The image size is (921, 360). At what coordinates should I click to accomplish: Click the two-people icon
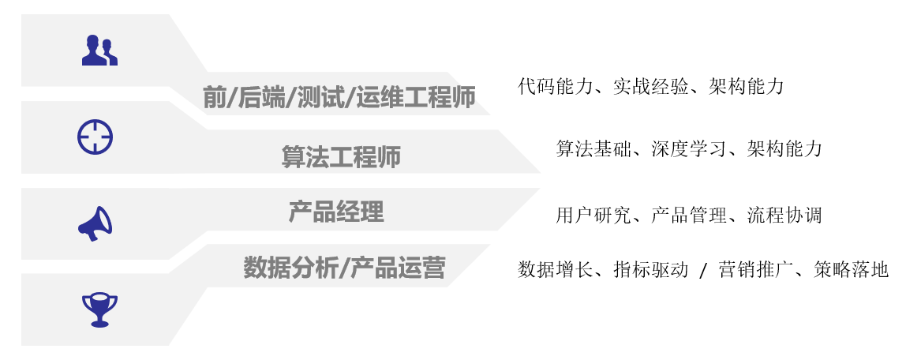tap(99, 51)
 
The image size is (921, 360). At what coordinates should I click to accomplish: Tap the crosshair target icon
tap(95, 137)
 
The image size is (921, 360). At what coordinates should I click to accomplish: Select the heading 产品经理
tap(336, 212)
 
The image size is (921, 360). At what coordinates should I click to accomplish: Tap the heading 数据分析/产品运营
tap(344, 268)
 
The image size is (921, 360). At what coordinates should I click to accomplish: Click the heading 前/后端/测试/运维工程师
tap(339, 98)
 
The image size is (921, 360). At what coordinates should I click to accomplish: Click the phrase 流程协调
tap(784, 216)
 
